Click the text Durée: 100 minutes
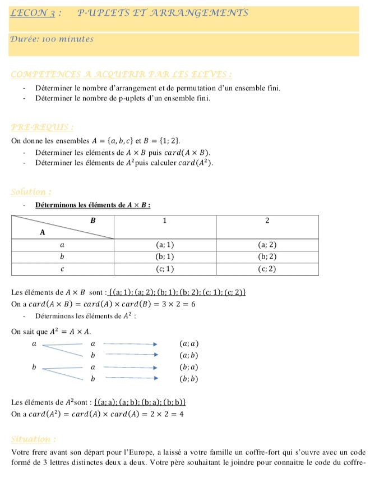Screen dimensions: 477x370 pos(52,39)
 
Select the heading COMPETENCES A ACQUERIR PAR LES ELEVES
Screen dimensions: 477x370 pos(122,74)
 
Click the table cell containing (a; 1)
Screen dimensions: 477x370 pos(165,245)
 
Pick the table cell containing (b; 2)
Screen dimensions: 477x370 pos(267,256)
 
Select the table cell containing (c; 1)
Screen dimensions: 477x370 pos(165,269)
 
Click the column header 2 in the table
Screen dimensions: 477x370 pos(267,221)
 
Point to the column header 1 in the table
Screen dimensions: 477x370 pos(165,221)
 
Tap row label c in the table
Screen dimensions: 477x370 pos(63,269)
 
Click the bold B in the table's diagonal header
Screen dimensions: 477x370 pos(93,221)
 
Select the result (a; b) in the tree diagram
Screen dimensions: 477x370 pos(189,355)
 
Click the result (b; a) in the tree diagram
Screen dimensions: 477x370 pos(189,367)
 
